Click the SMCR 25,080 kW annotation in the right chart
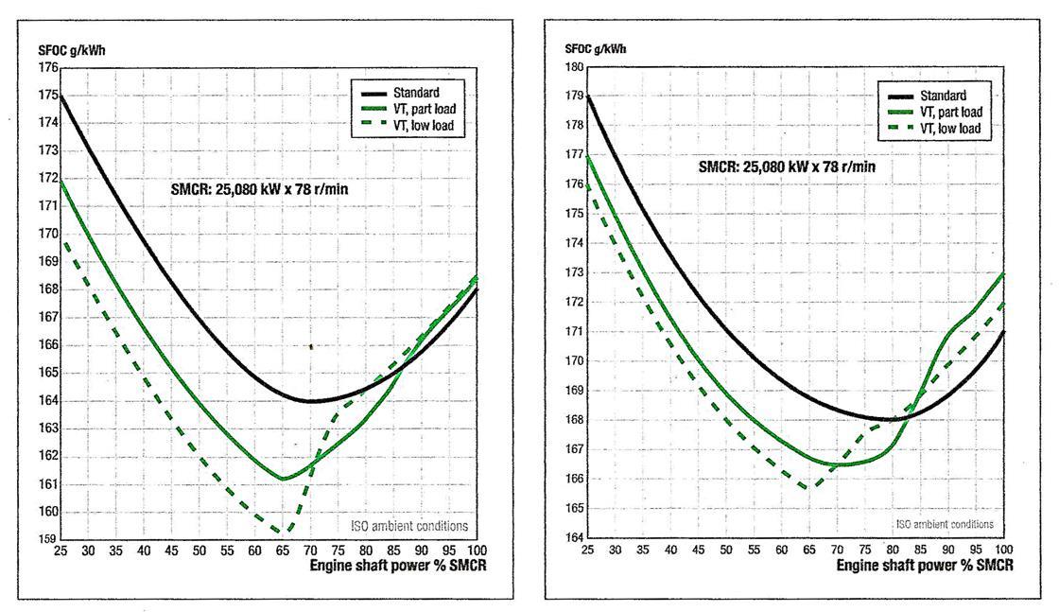click(x=787, y=166)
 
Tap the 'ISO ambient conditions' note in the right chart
click(x=944, y=523)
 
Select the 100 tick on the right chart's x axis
click(x=1000, y=550)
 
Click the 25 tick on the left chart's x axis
click(x=61, y=551)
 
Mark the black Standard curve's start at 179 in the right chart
click(x=588, y=96)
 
